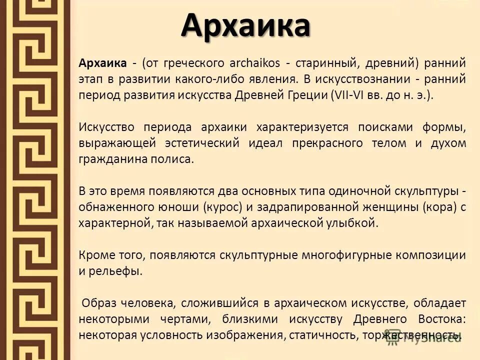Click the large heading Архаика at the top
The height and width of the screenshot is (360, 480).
point(245,25)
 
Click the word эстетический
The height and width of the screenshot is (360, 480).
point(202,143)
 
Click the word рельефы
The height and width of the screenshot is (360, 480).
point(114,271)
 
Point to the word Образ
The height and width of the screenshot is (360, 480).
point(100,303)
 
